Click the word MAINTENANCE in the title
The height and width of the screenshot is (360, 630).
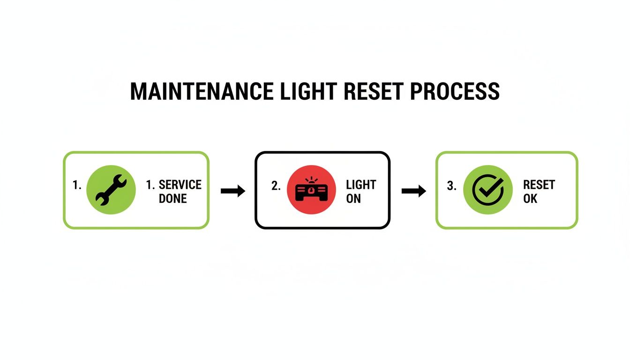point(202,91)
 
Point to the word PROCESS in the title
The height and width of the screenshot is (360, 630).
point(454,91)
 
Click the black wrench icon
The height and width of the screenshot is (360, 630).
point(111,190)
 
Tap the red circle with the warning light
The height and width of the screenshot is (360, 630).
point(311,190)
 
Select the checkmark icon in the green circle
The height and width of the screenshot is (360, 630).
point(487,190)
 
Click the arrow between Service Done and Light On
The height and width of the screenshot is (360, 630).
point(232,191)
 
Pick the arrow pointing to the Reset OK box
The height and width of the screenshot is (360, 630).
point(413,191)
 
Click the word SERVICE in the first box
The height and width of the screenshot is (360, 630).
point(180,185)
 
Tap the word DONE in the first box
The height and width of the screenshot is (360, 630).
point(172,199)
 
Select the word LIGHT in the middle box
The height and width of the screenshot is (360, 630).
point(361,185)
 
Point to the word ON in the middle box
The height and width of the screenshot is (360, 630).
point(353,199)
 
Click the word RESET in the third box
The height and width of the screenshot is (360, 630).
point(539,185)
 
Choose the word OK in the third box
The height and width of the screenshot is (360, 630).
point(530,199)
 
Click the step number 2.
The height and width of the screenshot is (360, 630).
point(276,186)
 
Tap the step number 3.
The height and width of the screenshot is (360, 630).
point(451,186)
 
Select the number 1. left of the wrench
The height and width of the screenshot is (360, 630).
point(77,186)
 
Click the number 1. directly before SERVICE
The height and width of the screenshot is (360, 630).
point(150,185)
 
